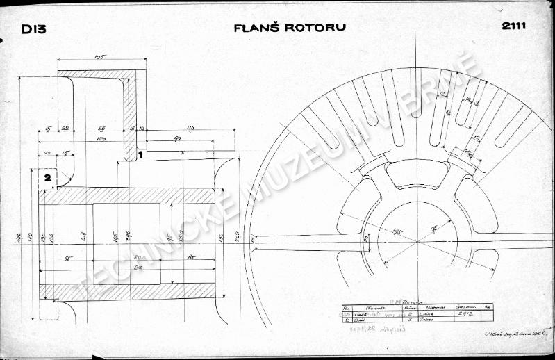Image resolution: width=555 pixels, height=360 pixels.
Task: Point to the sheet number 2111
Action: [513, 27]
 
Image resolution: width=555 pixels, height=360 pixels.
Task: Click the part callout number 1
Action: [140, 155]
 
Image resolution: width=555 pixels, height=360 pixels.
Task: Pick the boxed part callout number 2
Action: [47, 179]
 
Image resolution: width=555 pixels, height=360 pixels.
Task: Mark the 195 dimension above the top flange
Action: [99, 58]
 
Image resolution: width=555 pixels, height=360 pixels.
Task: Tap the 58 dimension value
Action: [101, 129]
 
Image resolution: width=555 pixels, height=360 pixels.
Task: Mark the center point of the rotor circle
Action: [417, 241]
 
